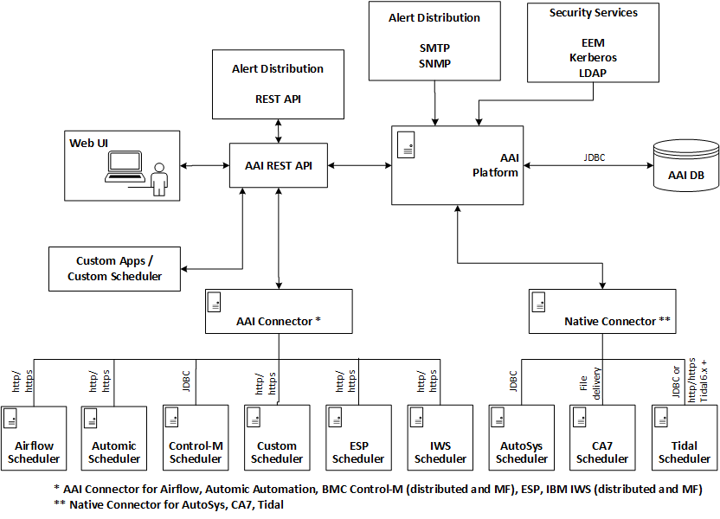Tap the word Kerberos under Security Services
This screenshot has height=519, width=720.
(x=593, y=57)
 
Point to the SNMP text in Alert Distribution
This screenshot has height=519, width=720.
(x=434, y=62)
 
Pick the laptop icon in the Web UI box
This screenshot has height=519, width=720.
(x=125, y=167)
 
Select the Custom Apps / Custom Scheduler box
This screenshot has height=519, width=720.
(x=114, y=268)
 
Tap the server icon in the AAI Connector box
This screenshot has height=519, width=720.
(x=214, y=302)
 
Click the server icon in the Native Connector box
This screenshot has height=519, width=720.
(x=537, y=302)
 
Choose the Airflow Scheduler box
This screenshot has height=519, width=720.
(x=34, y=438)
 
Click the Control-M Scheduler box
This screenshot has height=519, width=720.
(x=196, y=438)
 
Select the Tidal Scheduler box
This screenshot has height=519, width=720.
(x=685, y=438)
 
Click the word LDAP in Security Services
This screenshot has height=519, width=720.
(x=593, y=73)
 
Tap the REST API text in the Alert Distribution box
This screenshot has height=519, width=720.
(x=279, y=99)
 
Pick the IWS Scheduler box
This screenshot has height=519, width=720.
(x=440, y=438)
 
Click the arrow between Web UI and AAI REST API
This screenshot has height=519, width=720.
(x=205, y=165)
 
